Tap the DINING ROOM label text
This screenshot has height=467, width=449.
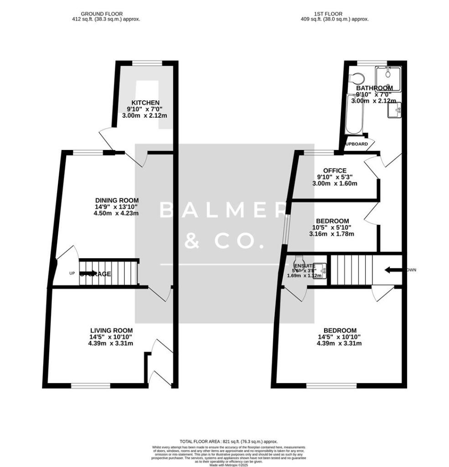coord(117,200)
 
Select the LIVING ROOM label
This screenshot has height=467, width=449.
coord(111,331)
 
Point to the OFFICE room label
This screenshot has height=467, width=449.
coord(335,171)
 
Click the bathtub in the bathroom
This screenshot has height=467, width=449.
coord(353,114)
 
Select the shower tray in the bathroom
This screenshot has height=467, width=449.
coord(388,75)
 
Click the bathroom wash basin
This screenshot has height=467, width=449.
coord(394,110)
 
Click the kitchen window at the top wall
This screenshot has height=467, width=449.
coord(146,63)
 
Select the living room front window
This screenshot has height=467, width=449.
coord(91,386)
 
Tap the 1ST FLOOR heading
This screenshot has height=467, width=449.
coord(335,14)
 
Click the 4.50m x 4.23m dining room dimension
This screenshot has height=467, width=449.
coord(117,213)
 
